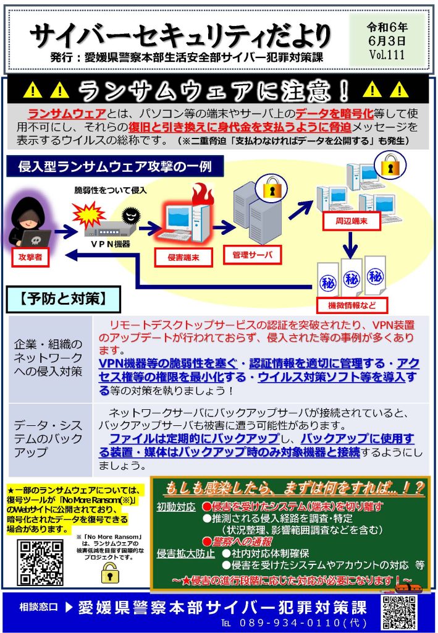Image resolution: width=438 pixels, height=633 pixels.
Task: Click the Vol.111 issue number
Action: point(386,54)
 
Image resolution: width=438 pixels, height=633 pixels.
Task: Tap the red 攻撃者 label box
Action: point(30,257)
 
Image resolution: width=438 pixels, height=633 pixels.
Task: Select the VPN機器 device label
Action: point(109,244)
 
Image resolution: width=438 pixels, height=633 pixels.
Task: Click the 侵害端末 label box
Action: point(183,257)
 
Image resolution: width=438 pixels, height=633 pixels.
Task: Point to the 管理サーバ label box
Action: point(252,255)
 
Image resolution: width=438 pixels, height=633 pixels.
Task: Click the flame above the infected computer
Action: point(201,195)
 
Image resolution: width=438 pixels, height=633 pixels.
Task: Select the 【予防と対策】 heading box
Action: point(63,300)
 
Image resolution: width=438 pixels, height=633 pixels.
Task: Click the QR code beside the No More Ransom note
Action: point(40,563)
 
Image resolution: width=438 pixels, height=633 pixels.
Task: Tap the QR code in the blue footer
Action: point(399,612)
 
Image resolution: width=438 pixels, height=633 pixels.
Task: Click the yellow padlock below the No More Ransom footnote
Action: point(107,572)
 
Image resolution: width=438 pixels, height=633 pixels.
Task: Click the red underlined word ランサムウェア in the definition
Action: point(67,114)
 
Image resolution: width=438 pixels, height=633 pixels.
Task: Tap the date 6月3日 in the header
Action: point(387,41)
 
